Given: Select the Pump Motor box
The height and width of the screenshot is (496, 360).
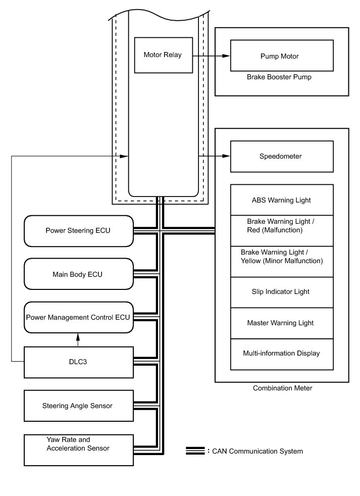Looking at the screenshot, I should (x=281, y=56).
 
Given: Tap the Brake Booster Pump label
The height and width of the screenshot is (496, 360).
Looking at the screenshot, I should (x=279, y=77).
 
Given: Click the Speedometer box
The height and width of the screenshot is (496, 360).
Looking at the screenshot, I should (x=281, y=157).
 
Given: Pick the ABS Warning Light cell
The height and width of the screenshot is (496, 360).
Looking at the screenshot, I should (x=281, y=201).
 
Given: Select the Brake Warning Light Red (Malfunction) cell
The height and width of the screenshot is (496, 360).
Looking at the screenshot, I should (x=281, y=226).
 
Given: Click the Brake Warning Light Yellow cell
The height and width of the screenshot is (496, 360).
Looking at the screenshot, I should (x=281, y=257).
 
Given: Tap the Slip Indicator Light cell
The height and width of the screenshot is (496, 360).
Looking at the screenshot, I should (x=281, y=292).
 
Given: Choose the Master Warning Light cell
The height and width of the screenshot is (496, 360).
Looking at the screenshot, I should (x=281, y=323).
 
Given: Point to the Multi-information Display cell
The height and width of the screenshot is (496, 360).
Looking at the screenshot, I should (x=281, y=354).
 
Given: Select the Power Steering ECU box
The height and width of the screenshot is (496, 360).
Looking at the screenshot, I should (x=78, y=231).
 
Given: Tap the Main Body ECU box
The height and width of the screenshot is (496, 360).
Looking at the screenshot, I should (x=78, y=274).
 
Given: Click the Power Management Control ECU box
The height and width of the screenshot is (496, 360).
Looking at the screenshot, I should (x=78, y=318).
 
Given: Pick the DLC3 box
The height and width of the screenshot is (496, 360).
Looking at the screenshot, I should (x=78, y=362).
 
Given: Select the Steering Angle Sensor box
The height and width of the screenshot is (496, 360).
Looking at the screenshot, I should (x=78, y=406).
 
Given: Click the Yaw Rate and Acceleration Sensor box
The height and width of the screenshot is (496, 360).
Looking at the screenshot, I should (x=78, y=449).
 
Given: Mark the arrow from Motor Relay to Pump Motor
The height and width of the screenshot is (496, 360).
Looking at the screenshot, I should (x=211, y=56).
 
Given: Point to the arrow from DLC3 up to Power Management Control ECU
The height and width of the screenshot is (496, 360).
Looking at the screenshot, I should (x=78, y=339).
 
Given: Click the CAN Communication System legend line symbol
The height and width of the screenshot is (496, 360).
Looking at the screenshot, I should (x=194, y=451).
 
